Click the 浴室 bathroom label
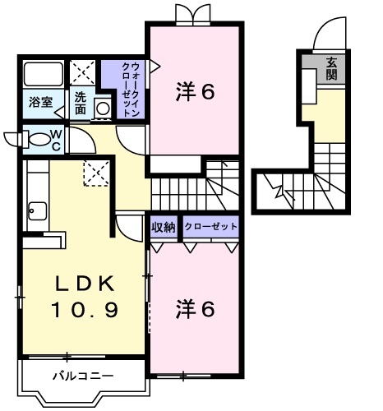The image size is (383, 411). (x=39, y=103)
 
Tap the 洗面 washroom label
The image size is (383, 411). (x=81, y=103)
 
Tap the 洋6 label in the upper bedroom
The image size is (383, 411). (x=195, y=92)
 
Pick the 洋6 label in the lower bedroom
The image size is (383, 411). (x=195, y=310)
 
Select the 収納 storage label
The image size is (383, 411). (x=163, y=226)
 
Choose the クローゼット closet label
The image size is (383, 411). (x=211, y=226)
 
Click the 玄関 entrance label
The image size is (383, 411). (x=331, y=68)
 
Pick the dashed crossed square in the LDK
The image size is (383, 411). (x=96, y=173)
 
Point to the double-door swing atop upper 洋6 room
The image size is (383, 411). (x=195, y=14)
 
